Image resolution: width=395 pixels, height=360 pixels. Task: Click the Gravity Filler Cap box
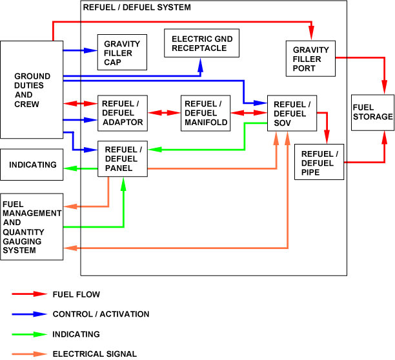pyautogui.click(x=121, y=52)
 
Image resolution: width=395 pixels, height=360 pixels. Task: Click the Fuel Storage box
pyautogui.click(x=372, y=113)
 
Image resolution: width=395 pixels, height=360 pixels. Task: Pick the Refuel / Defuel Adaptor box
pyautogui.click(x=123, y=114)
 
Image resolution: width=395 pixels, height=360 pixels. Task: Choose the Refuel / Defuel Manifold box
pyautogui.click(x=205, y=114)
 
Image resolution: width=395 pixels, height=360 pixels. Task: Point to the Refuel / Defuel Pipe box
pyautogui.click(x=319, y=164)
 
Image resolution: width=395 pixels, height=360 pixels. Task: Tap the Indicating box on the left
pyautogui.click(x=32, y=166)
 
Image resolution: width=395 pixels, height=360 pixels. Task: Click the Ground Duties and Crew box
pyautogui.click(x=32, y=90)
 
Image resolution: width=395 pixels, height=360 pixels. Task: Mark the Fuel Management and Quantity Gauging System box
pyautogui.click(x=32, y=226)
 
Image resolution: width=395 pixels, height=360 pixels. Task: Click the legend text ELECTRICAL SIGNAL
pyautogui.click(x=94, y=354)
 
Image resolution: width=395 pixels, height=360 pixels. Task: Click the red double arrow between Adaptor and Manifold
pyautogui.click(x=164, y=113)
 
